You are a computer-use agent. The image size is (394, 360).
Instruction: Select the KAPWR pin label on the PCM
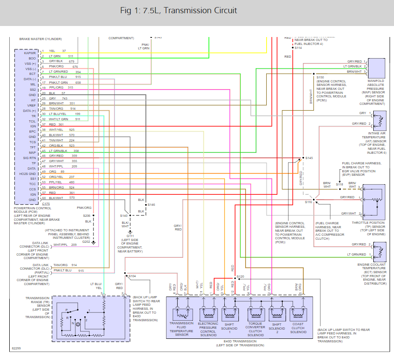30,53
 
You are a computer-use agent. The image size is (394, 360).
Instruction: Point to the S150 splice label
320,78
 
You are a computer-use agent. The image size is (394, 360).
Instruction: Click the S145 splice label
309,158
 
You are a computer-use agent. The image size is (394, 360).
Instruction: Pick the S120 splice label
240,277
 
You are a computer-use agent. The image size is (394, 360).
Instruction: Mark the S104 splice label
132,276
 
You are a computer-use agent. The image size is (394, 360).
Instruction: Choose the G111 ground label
130,236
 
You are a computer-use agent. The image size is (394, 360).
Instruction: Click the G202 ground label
86,242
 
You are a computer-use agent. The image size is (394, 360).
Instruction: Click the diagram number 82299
16,348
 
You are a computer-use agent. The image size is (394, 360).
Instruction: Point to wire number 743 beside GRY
64,98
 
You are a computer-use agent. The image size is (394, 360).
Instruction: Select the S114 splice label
298,48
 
